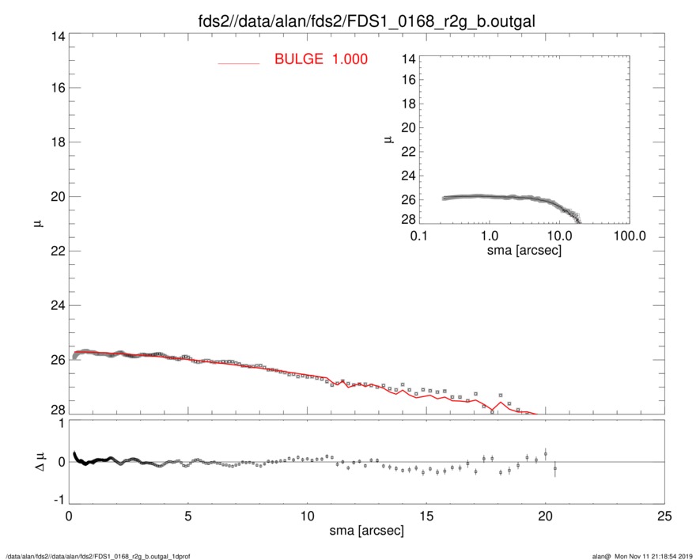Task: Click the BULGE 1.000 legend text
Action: point(320,59)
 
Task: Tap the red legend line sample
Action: point(238,62)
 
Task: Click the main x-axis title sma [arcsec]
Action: point(366,530)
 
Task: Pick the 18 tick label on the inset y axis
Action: point(409,104)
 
